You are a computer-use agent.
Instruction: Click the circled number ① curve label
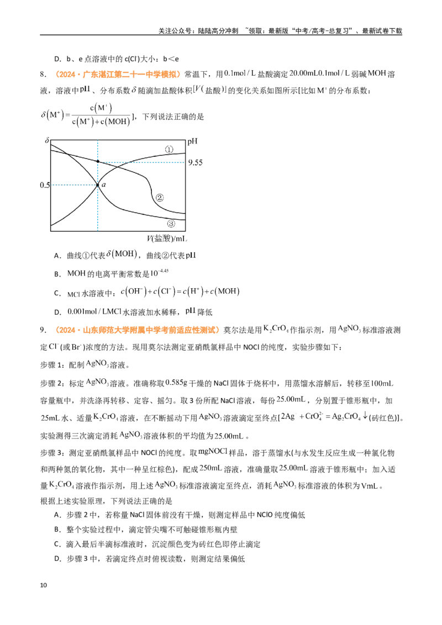169,150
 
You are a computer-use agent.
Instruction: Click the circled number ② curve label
160,198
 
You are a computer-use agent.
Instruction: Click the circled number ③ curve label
171,224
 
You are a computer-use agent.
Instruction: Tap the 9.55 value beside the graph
196,163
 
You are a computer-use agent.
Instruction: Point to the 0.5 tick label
45,185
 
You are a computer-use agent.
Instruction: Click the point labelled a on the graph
98,185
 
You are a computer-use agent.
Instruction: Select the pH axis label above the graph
192,141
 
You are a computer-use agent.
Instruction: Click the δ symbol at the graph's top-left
47,141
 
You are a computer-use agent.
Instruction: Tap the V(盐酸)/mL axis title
167,239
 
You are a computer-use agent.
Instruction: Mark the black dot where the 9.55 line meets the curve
98,161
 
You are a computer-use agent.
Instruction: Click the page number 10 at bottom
44,585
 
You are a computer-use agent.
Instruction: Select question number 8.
43,74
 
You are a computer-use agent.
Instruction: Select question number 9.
43,330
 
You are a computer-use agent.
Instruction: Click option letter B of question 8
57,274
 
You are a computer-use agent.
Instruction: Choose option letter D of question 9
57,559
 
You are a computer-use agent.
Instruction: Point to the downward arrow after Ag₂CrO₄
365,416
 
